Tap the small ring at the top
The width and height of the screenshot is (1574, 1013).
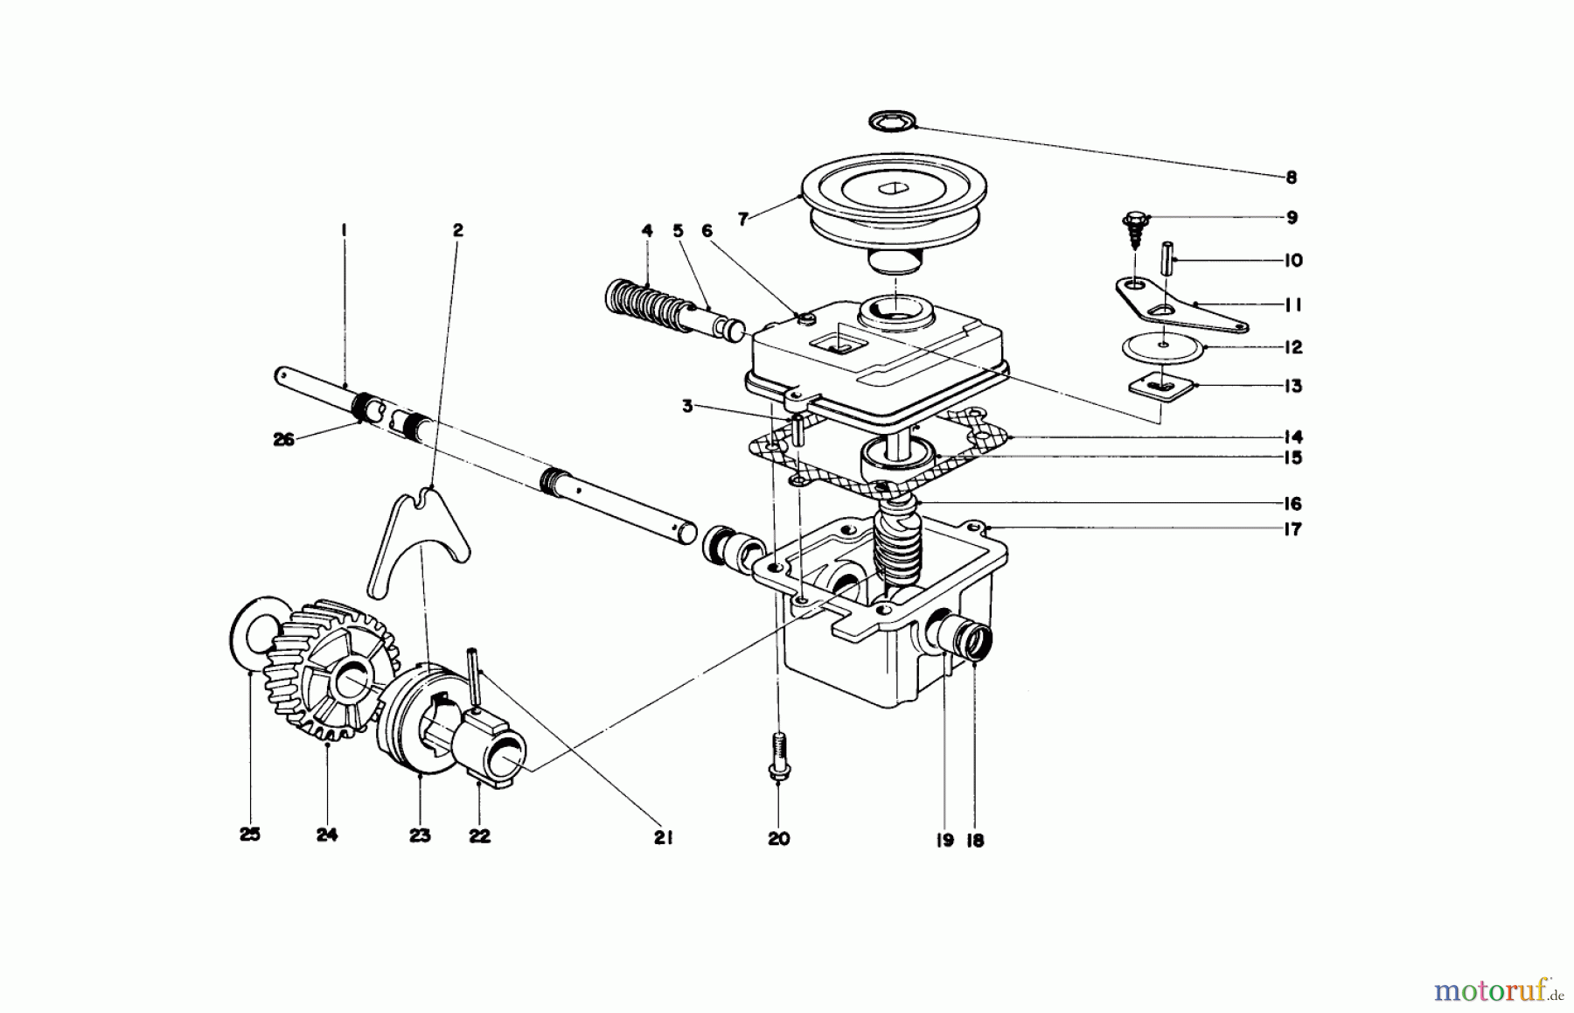(x=891, y=121)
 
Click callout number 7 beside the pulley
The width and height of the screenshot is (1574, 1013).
(x=742, y=220)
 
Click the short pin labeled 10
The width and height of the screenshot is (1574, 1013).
(x=1167, y=261)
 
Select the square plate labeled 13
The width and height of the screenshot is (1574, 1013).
(x=1159, y=385)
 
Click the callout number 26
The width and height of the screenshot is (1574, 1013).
(x=284, y=440)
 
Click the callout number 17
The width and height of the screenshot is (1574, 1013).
(x=1292, y=529)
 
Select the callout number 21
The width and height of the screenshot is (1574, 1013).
(x=663, y=837)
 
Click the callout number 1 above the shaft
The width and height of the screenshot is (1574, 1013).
(x=344, y=230)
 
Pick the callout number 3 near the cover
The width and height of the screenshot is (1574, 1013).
(x=688, y=407)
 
